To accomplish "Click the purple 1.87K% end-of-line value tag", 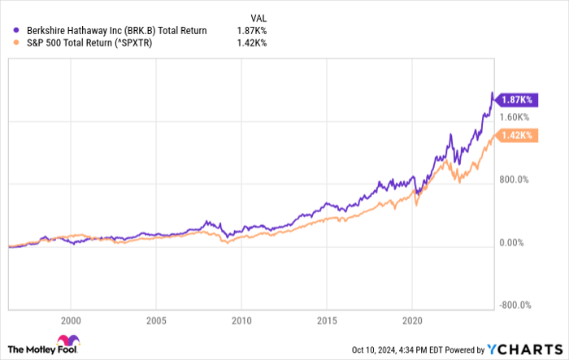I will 515,99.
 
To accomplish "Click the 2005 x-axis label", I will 157,320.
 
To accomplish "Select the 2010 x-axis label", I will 241,320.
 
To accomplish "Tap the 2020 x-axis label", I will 412,320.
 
